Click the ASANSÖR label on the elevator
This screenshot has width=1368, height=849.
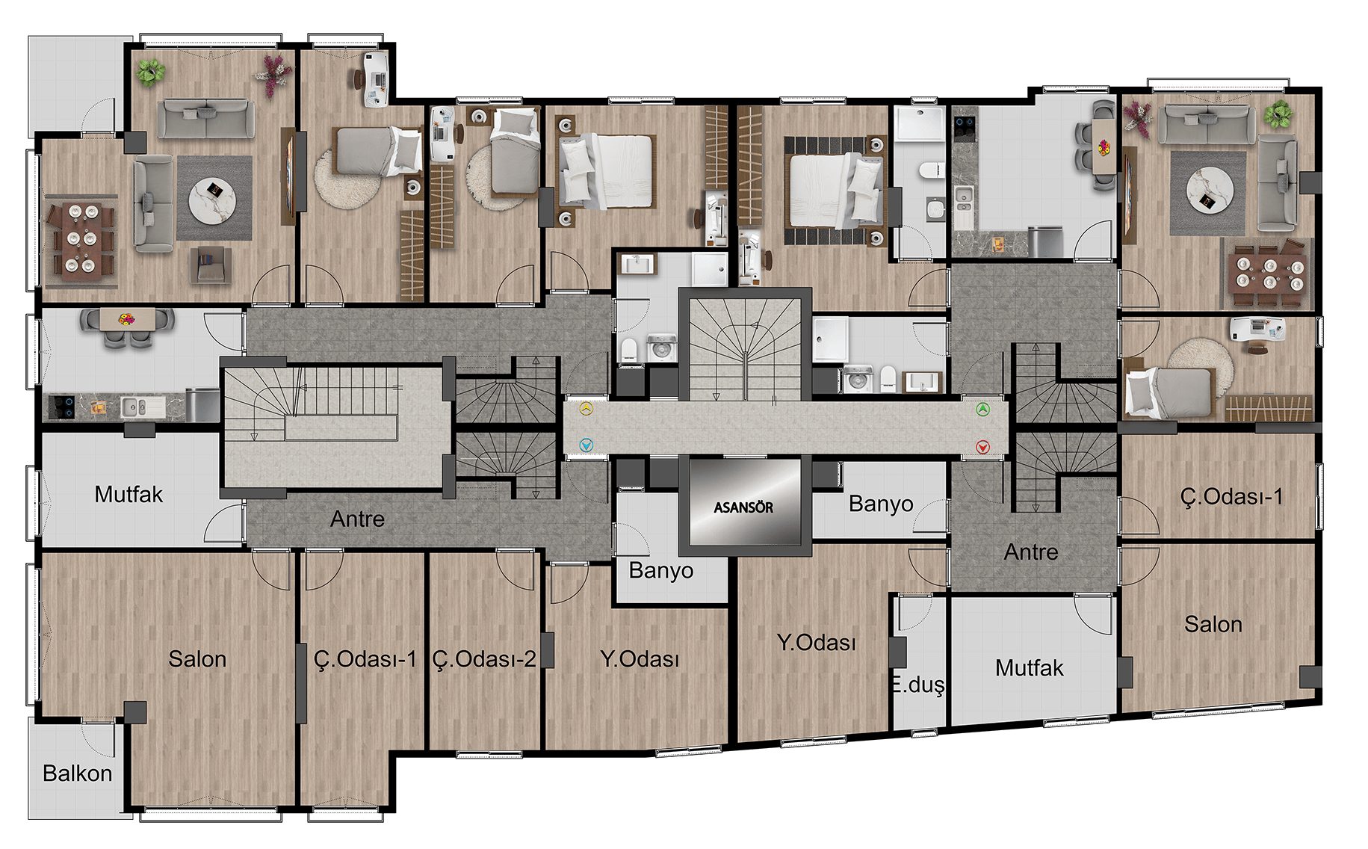pyautogui.click(x=743, y=507)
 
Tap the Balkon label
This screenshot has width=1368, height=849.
pyautogui.click(x=78, y=773)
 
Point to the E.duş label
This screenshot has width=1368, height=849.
pyautogui.click(x=918, y=685)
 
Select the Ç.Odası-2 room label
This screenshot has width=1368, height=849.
pyautogui.click(x=484, y=659)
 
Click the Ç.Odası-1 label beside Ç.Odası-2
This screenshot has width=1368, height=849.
pyautogui.click(x=365, y=659)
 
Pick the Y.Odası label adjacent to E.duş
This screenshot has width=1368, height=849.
pyautogui.click(x=816, y=642)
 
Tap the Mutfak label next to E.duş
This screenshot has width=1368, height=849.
pyautogui.click(x=1029, y=667)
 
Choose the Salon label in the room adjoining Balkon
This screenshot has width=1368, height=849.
pyautogui.click(x=197, y=658)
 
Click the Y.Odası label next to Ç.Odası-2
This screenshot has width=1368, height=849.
pyautogui.click(x=640, y=658)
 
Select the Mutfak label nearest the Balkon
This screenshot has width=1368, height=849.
pyautogui.click(x=129, y=494)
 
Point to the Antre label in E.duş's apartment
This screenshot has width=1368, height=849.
pyautogui.click(x=1031, y=552)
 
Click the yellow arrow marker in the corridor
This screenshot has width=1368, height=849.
pyautogui.click(x=586, y=409)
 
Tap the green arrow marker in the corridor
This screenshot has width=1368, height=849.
pyautogui.click(x=982, y=409)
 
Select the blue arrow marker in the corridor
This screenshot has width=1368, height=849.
pyautogui.click(x=586, y=445)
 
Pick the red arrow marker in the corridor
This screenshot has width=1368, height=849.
pyautogui.click(x=982, y=447)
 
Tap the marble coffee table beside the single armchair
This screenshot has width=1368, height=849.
pyautogui.click(x=211, y=200)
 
